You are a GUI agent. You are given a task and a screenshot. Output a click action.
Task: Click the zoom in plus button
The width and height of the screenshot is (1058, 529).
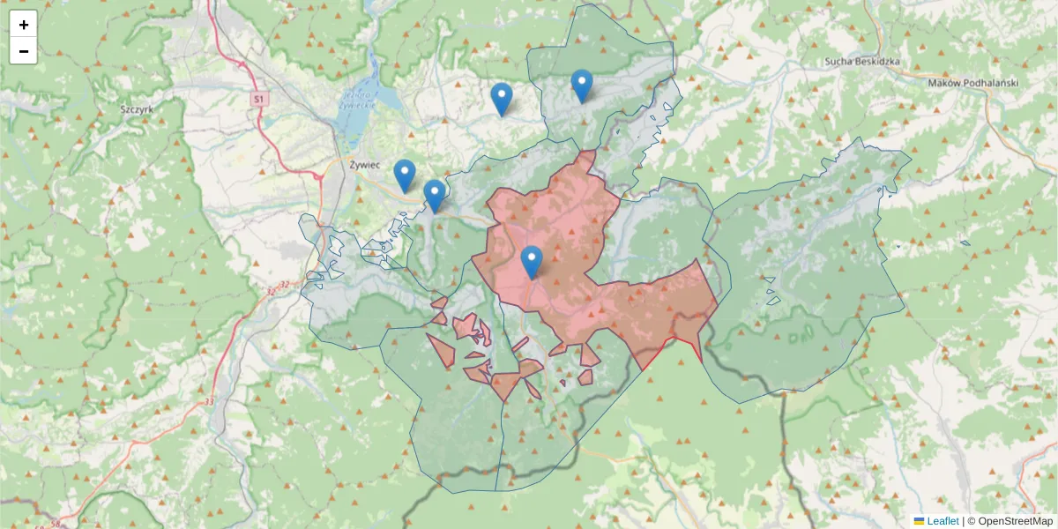click(24, 25)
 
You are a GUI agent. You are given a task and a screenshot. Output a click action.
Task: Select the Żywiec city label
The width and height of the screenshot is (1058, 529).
click(363, 164)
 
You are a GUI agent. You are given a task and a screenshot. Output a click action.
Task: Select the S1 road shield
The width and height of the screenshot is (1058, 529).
click(257, 100)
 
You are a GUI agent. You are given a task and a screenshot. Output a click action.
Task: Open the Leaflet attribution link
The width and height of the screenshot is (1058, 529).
click(943, 521)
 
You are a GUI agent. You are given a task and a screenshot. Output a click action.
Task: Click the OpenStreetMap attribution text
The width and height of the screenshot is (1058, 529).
click(1015, 521)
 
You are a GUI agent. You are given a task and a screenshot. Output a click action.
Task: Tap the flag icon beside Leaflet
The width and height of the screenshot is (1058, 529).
click(919, 521)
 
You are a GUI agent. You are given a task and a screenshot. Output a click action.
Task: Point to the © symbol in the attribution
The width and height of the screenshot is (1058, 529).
click(972, 521)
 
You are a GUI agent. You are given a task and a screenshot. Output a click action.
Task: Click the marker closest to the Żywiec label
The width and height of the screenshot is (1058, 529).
click(405, 176)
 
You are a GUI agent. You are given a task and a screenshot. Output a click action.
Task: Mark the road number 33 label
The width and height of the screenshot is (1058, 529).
click(210, 401)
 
